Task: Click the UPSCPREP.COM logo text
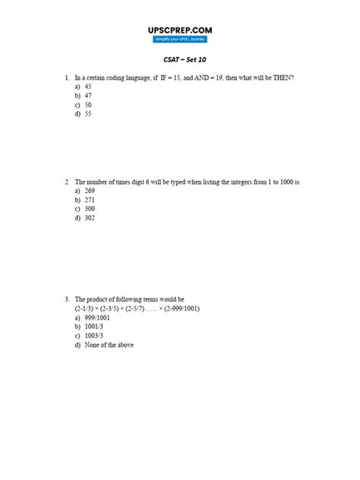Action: tap(180, 30)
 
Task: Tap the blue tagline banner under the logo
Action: tap(180, 39)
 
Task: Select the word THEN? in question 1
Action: tap(283, 77)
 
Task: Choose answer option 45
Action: tap(88, 87)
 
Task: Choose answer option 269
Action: tap(90, 191)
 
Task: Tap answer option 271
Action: tap(90, 201)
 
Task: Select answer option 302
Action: tap(90, 218)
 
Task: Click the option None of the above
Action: tap(106, 345)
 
